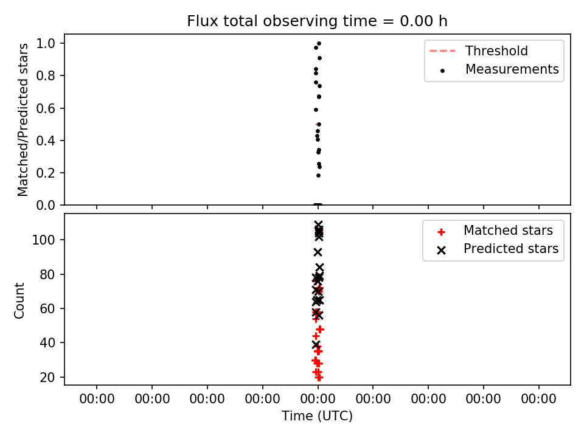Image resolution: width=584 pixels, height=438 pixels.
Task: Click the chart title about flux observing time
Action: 317,21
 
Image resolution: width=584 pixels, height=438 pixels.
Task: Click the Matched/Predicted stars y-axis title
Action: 23,120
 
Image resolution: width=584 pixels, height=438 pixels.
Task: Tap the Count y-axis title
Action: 19,301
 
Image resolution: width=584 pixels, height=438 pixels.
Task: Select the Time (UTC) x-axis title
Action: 317,415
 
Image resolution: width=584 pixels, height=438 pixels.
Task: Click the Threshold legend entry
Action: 479,50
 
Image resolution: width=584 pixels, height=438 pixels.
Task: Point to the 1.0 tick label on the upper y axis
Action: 46,44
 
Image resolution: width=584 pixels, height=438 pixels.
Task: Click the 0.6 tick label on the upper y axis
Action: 46,108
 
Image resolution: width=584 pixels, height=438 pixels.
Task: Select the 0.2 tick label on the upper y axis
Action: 46,173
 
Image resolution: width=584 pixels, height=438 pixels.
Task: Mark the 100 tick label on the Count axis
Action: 44,240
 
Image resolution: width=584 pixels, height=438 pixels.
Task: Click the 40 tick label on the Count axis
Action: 47,342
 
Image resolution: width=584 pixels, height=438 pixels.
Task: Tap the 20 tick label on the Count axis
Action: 47,377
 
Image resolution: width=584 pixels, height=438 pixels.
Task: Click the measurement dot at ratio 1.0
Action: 319,44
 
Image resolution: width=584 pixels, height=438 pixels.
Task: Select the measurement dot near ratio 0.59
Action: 316,110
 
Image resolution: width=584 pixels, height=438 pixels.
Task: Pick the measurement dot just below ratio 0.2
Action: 318,175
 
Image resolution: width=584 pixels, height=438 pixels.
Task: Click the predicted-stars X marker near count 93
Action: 318,252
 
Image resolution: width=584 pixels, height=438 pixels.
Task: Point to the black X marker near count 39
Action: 316,344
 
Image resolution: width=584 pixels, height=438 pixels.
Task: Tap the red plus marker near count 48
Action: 319,329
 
